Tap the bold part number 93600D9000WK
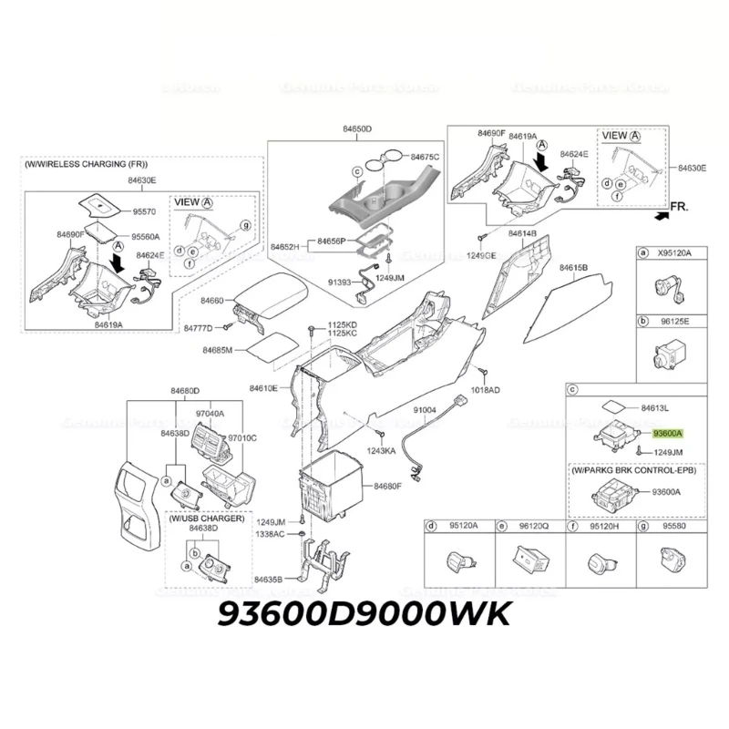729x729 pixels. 364,616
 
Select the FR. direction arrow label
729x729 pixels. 680,208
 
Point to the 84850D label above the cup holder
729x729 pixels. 355,129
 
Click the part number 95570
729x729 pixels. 144,211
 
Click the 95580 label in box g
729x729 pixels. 674,526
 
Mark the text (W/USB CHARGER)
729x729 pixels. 206,518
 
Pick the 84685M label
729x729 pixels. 217,350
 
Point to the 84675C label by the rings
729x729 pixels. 424,157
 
